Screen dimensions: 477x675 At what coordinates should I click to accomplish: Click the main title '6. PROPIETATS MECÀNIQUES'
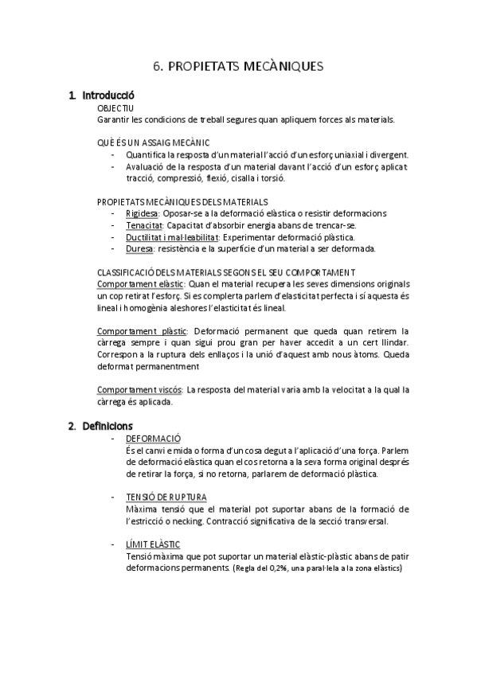click(x=238, y=67)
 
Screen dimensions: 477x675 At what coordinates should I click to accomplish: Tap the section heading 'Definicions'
click(x=108, y=426)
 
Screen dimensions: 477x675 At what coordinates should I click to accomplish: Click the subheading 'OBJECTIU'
click(x=115, y=107)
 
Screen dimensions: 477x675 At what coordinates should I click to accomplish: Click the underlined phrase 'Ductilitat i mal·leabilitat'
click(x=172, y=237)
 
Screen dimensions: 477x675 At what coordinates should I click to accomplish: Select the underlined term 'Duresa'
click(x=139, y=248)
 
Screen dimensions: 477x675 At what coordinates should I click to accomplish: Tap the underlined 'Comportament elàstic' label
click(x=139, y=284)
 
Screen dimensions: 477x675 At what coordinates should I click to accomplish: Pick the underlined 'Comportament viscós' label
click(x=139, y=390)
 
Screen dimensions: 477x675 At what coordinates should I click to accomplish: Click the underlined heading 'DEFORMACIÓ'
click(x=154, y=439)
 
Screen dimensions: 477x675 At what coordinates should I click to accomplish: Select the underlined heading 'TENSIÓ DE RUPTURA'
click(x=166, y=497)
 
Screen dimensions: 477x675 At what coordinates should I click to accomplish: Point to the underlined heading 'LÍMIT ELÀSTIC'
click(x=153, y=544)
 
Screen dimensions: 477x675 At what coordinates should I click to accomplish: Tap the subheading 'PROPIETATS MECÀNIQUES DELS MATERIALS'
click(x=182, y=201)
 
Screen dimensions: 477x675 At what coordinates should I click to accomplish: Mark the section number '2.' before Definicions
click(x=72, y=426)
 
